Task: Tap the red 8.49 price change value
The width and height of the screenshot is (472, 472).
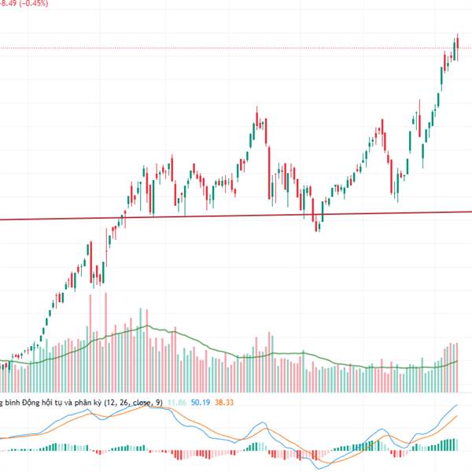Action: pos(6,4)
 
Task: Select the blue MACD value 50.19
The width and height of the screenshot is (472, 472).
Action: pos(202,403)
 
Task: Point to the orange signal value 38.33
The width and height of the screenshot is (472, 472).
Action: pos(224,403)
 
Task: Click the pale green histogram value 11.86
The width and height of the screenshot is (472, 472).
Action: pos(179,403)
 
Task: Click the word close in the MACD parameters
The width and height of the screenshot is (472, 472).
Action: pos(142,403)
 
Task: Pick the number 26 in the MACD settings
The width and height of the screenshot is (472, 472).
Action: pos(124,403)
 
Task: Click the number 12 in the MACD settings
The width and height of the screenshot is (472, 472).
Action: pos(111,403)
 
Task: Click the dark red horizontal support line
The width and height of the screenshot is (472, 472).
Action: pos(236,215)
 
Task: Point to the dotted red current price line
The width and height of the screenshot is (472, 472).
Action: pos(236,48)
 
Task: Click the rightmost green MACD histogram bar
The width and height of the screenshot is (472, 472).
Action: pos(455,444)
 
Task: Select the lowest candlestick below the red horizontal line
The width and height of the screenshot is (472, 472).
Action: pos(317,226)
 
